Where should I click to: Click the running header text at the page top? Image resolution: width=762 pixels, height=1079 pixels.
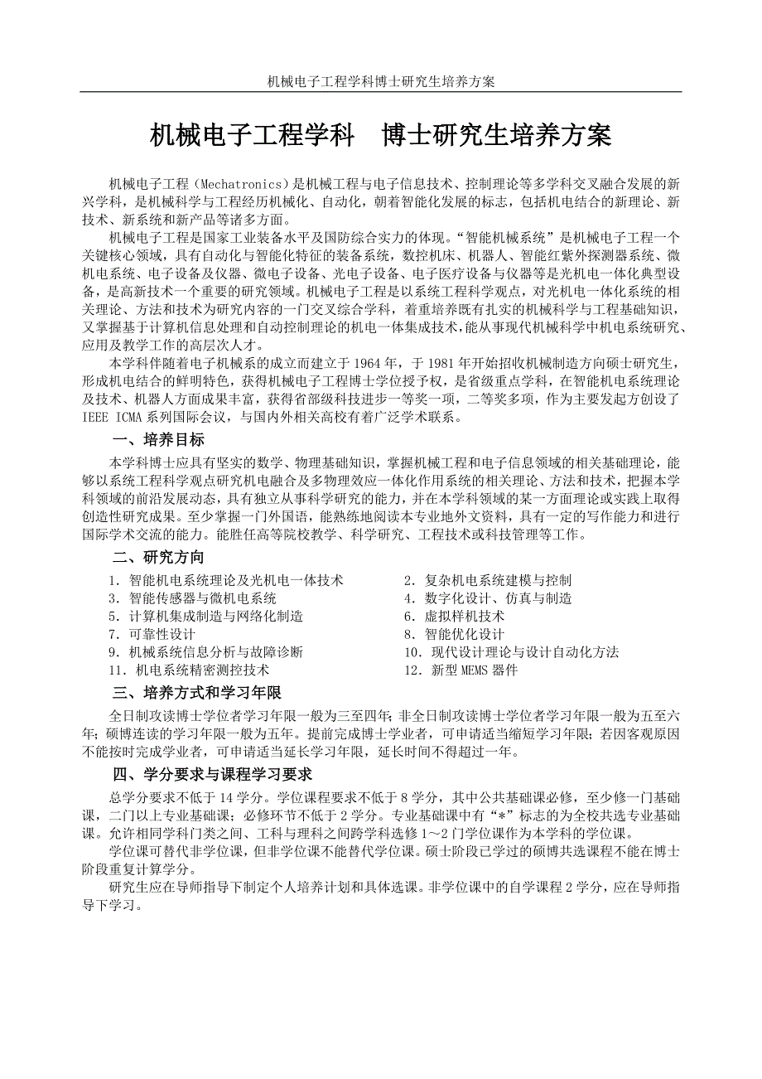point(380,81)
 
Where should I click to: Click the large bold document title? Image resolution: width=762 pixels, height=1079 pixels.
point(380,134)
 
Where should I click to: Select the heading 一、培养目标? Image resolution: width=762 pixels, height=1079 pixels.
point(159,440)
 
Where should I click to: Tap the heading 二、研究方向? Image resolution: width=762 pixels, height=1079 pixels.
point(159,558)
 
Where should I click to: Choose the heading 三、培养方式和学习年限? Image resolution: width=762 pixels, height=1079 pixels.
point(198,692)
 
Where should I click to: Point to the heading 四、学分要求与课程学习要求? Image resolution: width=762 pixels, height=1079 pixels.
point(213,775)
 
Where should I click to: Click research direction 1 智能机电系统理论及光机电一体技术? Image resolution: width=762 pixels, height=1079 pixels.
point(225,580)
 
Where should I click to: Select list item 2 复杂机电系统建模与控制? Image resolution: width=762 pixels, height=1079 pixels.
point(487,580)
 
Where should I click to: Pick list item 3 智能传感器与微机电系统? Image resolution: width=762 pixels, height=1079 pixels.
point(192,598)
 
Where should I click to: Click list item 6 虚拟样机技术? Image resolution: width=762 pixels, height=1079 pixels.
point(454,617)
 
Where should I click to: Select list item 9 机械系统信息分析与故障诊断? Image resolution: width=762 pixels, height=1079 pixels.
point(205,652)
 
